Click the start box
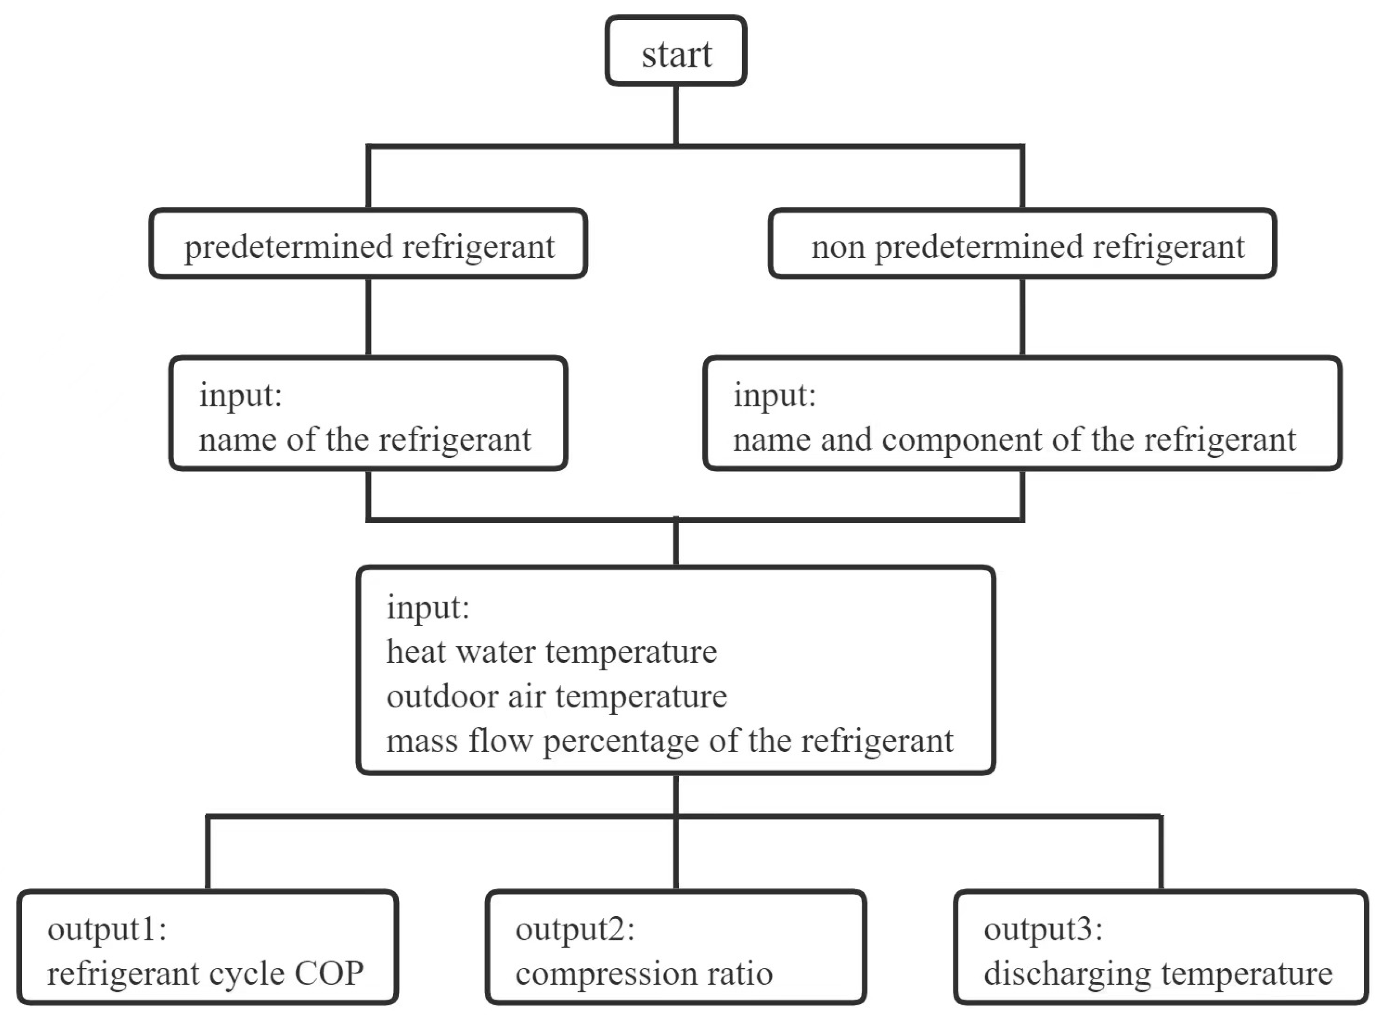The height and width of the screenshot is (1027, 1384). [x=676, y=51]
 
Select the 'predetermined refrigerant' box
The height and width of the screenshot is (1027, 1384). [x=368, y=245]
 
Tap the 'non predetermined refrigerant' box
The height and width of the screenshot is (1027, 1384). [x=1022, y=245]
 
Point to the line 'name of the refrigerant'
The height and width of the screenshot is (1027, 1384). [x=365, y=440]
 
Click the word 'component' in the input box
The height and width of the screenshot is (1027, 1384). [x=961, y=441]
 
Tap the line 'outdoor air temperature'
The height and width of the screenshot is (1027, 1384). [x=556, y=696]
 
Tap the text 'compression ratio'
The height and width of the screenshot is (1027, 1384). [x=644, y=973]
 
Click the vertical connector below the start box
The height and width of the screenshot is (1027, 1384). [x=676, y=115]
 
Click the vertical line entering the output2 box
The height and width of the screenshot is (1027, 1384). [x=676, y=855]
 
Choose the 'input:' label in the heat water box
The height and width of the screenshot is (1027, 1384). [x=428, y=608]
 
